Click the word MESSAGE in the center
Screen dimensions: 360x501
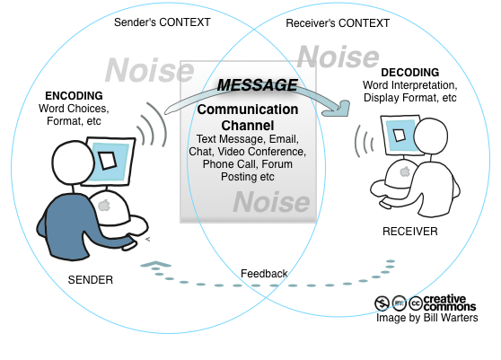tap(258, 85)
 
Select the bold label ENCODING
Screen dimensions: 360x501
tap(75, 95)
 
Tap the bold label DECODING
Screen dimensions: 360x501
tap(409, 72)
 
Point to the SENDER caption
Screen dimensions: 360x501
tap(91, 280)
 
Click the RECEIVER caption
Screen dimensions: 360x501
tap(409, 232)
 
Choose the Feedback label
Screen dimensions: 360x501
tap(264, 274)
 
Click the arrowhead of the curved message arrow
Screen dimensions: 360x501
tap(339, 110)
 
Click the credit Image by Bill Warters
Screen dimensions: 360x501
tap(427, 318)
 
